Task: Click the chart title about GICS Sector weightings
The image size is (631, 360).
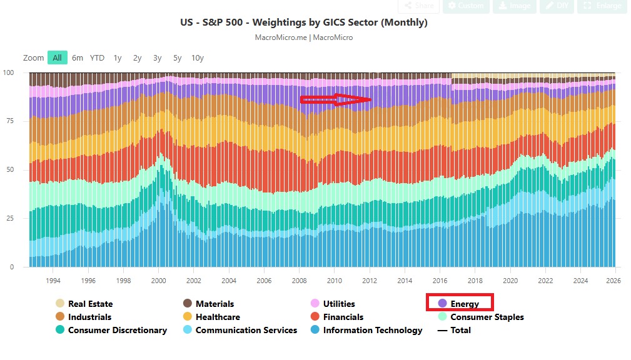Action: click(303, 22)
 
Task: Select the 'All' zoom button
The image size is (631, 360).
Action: click(57, 57)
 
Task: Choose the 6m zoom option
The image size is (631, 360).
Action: click(78, 57)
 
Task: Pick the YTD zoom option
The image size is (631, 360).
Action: click(97, 57)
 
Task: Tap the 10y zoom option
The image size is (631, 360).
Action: click(198, 57)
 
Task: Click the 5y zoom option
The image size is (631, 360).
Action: click(178, 57)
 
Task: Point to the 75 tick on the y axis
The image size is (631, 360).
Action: click(9, 121)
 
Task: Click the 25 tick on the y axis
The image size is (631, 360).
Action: click(9, 218)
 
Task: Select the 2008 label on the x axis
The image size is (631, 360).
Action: click(299, 281)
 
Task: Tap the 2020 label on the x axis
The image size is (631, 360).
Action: click(510, 281)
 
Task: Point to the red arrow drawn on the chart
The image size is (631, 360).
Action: click(336, 99)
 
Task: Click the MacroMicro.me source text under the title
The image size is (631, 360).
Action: click(281, 37)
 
